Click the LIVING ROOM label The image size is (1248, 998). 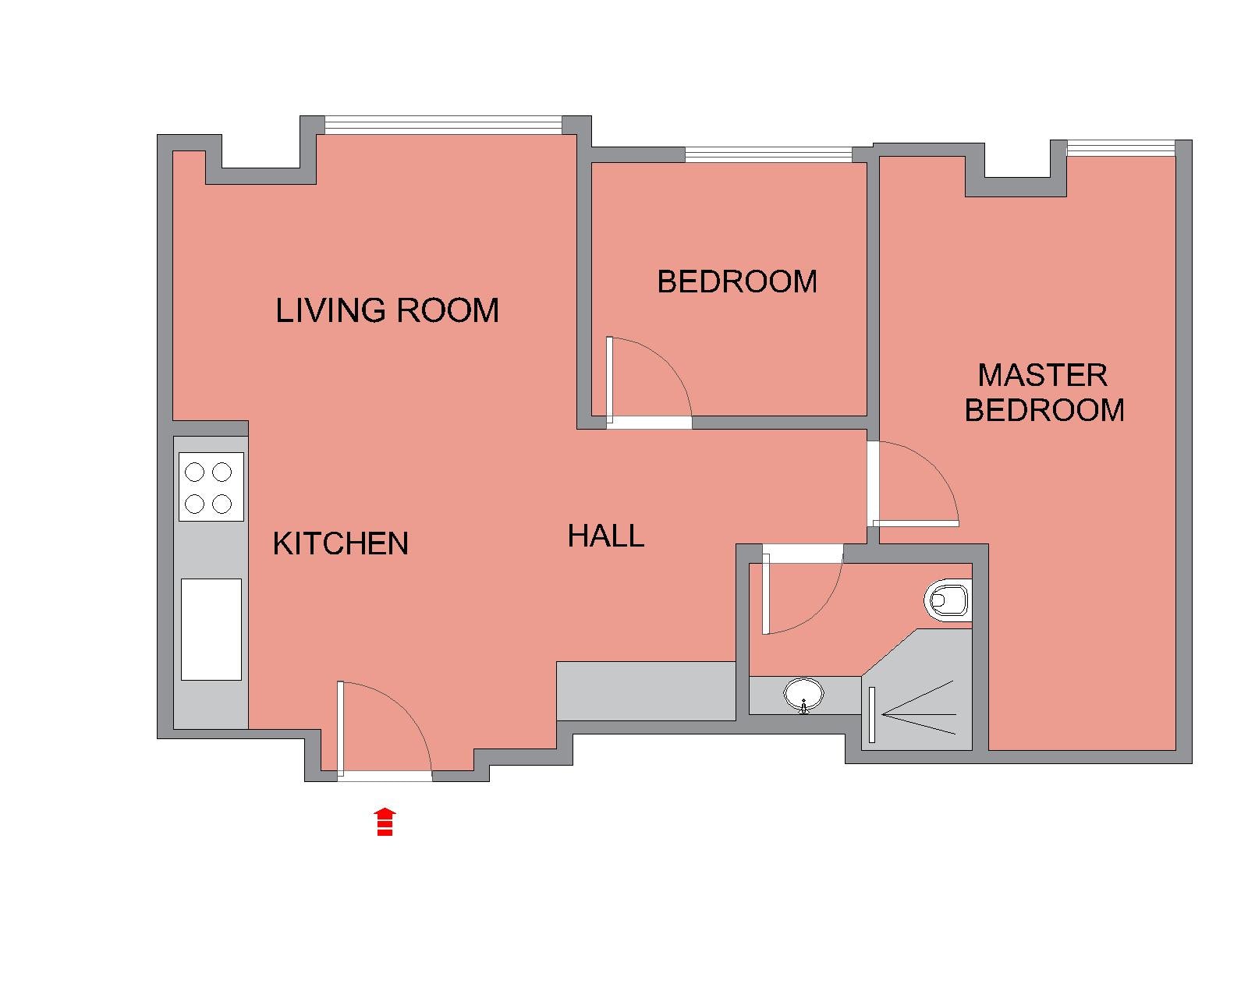pyautogui.click(x=387, y=310)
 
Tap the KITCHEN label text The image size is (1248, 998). pyautogui.click(x=340, y=543)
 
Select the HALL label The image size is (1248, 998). pyautogui.click(x=605, y=535)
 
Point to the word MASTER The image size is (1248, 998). pyautogui.click(x=1042, y=375)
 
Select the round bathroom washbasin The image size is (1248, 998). pyautogui.click(x=803, y=694)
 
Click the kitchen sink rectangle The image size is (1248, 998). pyautogui.click(x=211, y=629)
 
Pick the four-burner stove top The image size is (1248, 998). pyautogui.click(x=211, y=487)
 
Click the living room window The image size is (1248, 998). pyautogui.click(x=443, y=125)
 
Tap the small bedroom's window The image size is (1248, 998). pyautogui.click(x=768, y=154)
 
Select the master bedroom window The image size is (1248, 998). pyautogui.click(x=1121, y=148)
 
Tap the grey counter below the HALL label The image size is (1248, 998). pyautogui.click(x=646, y=692)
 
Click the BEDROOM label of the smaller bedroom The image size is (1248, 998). pyautogui.click(x=737, y=281)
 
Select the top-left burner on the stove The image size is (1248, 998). pyautogui.click(x=194, y=472)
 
